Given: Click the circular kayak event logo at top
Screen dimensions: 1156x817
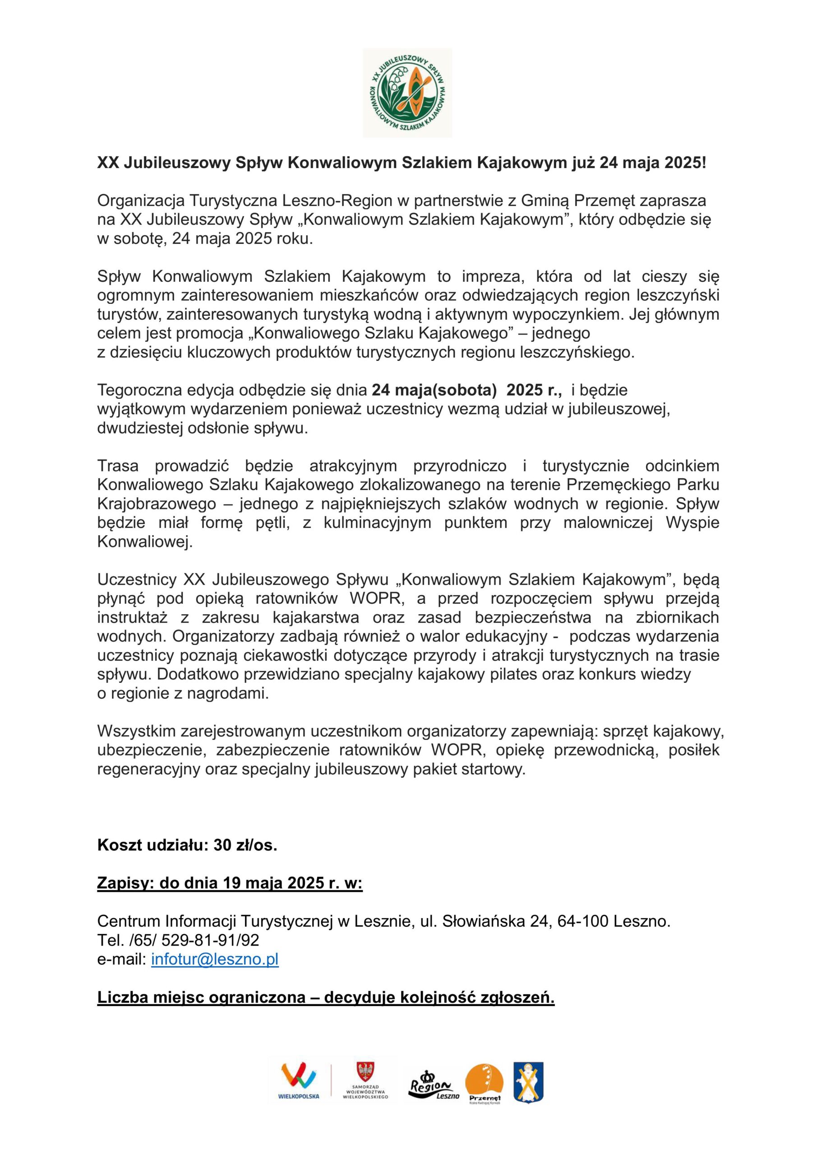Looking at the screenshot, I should pyautogui.click(x=407, y=93).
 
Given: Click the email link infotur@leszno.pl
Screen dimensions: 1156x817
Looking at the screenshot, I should pyautogui.click(x=215, y=959).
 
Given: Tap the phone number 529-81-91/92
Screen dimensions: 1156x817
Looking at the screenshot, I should pyautogui.click(x=210, y=940).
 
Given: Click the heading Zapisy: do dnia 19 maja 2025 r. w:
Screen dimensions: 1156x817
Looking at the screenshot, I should pyautogui.click(x=230, y=883).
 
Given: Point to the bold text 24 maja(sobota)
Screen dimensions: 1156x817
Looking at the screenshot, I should pyautogui.click(x=434, y=390).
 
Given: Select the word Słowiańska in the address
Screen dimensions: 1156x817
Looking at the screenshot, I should pyautogui.click(x=484, y=921).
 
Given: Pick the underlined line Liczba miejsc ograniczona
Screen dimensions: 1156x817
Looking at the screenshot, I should pyautogui.click(x=326, y=998).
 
